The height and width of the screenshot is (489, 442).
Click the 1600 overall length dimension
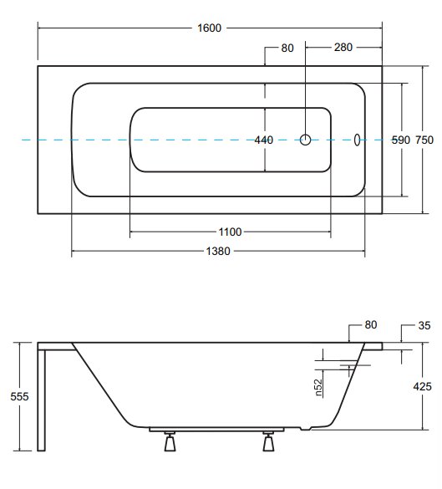[x=210, y=28]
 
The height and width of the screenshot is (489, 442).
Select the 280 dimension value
[x=343, y=48]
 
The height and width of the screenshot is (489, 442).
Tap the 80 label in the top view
[x=287, y=48]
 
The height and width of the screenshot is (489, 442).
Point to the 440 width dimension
[x=264, y=140]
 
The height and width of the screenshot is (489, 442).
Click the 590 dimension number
[x=401, y=140]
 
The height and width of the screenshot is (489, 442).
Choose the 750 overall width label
[x=424, y=140]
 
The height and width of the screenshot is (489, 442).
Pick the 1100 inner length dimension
[x=230, y=232]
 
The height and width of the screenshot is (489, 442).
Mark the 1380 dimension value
[x=218, y=251]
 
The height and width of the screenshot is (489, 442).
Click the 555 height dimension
[x=19, y=396]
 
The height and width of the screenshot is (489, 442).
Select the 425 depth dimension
[x=422, y=387]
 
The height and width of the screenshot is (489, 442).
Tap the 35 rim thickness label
[x=424, y=326]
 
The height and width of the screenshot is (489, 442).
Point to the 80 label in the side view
[x=371, y=325]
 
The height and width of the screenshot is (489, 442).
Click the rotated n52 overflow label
[x=318, y=388]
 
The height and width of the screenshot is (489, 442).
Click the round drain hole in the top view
[x=305, y=140]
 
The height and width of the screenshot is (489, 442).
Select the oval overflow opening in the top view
[x=357, y=140]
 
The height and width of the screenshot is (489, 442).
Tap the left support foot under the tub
[x=170, y=441]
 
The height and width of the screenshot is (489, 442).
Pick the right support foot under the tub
[x=268, y=441]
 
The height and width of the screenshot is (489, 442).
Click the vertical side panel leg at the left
[x=42, y=400]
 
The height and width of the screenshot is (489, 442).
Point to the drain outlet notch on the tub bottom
[x=306, y=429]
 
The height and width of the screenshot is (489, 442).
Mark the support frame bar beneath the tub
[x=216, y=430]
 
